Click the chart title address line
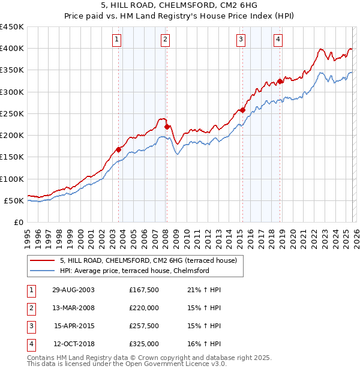point(179,6)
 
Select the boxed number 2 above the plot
point(165,40)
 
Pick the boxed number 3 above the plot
point(241,40)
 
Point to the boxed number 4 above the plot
point(278,40)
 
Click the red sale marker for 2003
point(119,149)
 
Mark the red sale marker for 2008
point(167,127)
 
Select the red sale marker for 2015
point(242,110)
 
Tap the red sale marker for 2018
point(280,81)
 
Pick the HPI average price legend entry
point(134,271)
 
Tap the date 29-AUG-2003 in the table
point(74,290)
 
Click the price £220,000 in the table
point(144,308)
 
